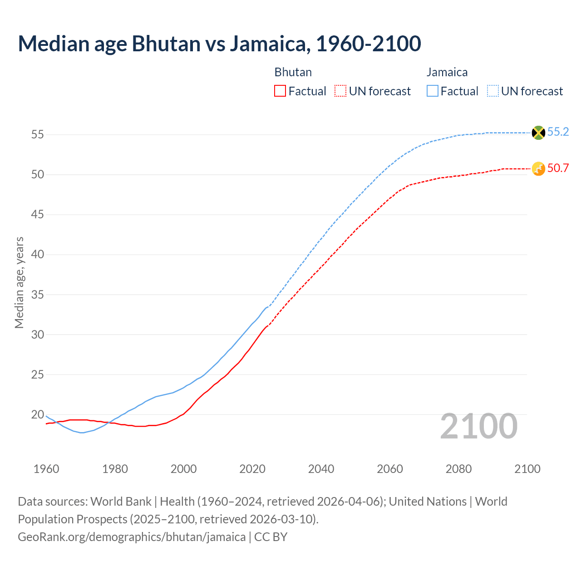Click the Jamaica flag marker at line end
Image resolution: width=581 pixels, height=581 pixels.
point(538,133)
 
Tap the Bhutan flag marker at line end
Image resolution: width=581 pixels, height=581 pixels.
point(538,169)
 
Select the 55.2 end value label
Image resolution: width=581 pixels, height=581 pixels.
point(558,132)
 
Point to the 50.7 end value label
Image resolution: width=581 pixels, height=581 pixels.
point(558,168)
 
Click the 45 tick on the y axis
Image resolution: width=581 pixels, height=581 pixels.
point(38,214)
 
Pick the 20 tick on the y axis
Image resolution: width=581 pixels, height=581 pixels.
point(38,414)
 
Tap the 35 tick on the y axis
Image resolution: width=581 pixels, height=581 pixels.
point(38,295)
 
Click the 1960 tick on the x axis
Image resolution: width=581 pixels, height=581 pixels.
point(46,469)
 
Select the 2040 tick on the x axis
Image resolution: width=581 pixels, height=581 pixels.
point(321,469)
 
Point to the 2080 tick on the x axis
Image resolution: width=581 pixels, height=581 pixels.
point(458,469)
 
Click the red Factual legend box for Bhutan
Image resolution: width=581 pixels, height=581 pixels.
point(280,91)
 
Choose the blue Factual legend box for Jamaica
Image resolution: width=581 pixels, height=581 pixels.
point(432,91)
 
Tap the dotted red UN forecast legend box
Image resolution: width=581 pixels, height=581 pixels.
point(340,91)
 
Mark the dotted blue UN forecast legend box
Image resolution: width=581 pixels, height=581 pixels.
point(492,91)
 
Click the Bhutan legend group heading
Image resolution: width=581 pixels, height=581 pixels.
point(293,72)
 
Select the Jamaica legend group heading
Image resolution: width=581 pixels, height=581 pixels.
point(447,72)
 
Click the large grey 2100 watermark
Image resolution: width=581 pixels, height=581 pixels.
point(478,426)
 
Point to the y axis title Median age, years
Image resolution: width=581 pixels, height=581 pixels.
point(19,282)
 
